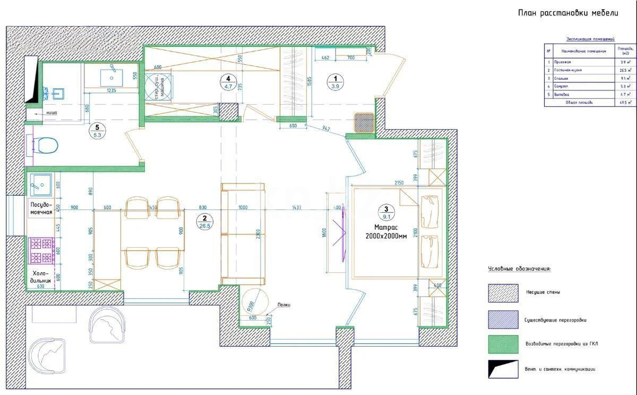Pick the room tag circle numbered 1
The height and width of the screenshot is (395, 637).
point(335,82)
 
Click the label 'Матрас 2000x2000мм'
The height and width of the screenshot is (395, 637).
point(386,231)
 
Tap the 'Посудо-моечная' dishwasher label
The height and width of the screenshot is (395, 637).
point(41,208)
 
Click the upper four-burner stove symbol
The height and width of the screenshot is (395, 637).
point(41,244)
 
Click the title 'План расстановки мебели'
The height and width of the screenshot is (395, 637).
point(567,13)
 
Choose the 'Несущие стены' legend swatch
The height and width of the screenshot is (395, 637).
point(503,292)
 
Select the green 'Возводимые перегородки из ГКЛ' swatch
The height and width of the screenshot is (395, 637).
point(503,344)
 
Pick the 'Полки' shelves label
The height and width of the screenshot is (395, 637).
point(283,305)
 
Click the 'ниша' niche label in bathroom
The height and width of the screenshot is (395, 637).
point(51,113)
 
